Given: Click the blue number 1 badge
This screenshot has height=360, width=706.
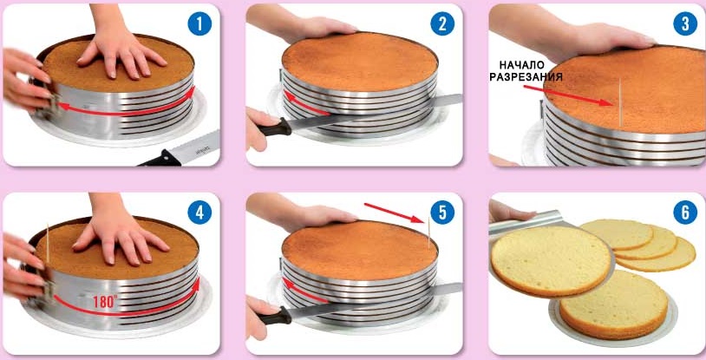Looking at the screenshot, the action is [199, 23].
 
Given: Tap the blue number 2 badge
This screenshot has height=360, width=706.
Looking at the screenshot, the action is [442, 23].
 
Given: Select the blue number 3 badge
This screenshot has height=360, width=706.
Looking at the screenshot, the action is [685, 23].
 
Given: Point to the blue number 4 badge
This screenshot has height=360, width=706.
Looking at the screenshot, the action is [199, 213].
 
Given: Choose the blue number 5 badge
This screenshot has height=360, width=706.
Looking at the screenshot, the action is [442, 213].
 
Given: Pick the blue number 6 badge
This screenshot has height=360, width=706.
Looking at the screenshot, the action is [685, 213].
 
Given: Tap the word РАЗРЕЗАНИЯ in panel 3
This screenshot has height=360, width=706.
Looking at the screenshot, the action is [526, 77].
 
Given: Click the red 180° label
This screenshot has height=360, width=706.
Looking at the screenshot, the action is [105, 301].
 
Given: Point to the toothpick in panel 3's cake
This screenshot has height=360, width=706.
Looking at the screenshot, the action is [620, 102].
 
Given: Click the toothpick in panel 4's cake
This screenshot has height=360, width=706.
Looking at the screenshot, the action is [48, 243].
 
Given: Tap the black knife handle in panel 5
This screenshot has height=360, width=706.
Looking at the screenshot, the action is [275, 317].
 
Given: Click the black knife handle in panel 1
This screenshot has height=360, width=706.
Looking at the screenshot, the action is [159, 159].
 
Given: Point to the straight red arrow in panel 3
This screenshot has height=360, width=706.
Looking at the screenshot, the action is [567, 95].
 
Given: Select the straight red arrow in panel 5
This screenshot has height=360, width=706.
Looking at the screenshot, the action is [394, 213].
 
